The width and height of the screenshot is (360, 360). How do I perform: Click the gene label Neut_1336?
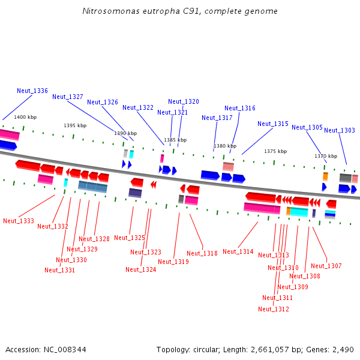(32, 91)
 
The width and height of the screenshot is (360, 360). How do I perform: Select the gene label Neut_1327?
(68, 97)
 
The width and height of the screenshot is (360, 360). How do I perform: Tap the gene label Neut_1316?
(240, 109)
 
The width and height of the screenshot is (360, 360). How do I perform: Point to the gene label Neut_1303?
(340, 130)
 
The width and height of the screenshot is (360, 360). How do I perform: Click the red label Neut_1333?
(19, 221)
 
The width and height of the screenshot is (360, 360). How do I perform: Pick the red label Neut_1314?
(238, 251)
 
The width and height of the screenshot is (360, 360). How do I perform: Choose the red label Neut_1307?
(326, 266)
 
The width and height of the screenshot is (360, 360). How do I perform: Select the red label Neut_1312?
(274, 309)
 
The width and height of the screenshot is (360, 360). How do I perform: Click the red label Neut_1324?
(141, 269)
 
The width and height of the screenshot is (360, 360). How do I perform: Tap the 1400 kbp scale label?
(25, 117)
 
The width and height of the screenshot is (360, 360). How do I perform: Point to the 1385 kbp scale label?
(175, 140)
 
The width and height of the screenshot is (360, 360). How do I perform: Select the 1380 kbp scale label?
(225, 146)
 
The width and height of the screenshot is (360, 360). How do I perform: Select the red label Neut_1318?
(202, 253)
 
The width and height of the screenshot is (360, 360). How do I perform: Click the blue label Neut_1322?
(138, 107)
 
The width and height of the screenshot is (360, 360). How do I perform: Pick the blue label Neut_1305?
(307, 127)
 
